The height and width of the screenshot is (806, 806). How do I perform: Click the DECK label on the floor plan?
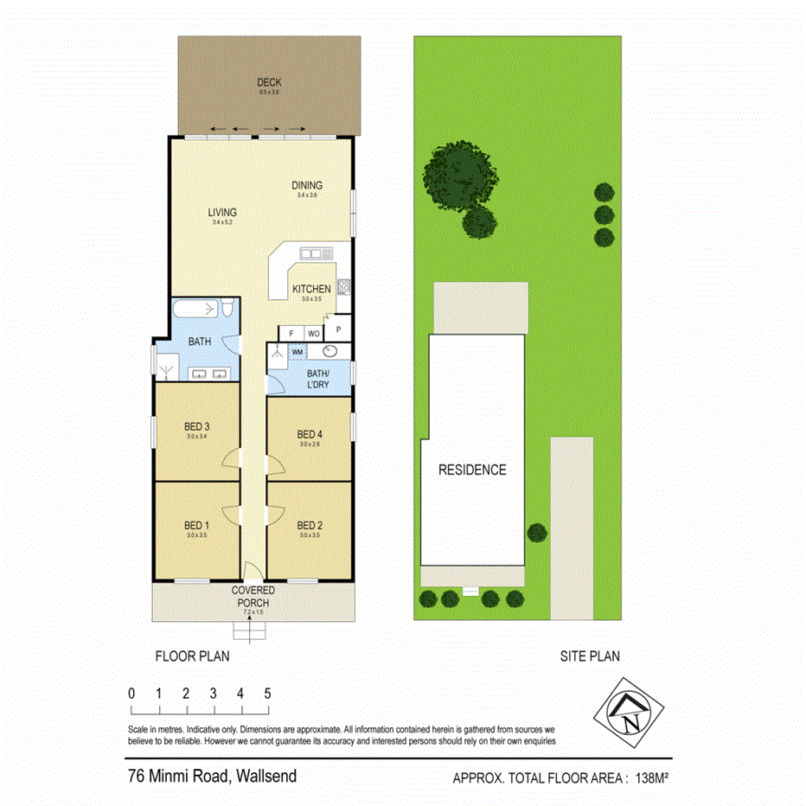click(x=269, y=83)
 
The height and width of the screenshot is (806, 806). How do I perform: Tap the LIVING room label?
click(x=221, y=212)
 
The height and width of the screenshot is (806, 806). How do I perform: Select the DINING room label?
click(x=307, y=185)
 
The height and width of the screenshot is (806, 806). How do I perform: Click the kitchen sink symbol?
click(x=316, y=253)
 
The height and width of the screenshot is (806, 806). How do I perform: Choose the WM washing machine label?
click(x=297, y=352)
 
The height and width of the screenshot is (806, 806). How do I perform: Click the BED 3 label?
click(x=197, y=426)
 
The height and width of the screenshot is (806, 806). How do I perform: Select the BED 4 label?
click(x=310, y=434)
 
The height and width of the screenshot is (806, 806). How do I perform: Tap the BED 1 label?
click(x=197, y=526)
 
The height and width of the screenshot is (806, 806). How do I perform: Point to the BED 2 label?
click(x=310, y=526)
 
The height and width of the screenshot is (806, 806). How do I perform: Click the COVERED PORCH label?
click(x=252, y=597)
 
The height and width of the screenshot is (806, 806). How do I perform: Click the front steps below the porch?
click(x=252, y=632)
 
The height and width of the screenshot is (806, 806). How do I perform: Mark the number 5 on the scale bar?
click(x=268, y=694)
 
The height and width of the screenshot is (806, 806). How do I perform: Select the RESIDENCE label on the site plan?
click(x=471, y=470)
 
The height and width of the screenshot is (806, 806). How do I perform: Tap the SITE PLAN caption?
click(x=589, y=656)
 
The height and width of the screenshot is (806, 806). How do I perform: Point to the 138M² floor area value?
click(x=653, y=777)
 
